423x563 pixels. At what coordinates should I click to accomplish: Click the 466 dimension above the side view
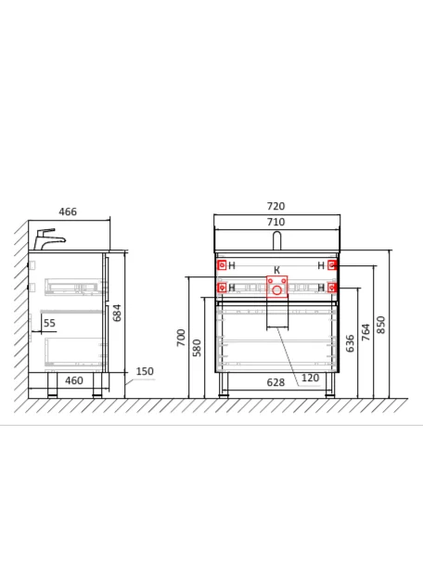pyautogui.click(x=68, y=211)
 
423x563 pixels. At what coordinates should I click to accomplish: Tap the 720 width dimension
pyautogui.click(x=276, y=206)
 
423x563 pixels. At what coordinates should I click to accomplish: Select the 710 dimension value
pyautogui.click(x=276, y=222)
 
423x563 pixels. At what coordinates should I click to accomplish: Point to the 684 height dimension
pyautogui.click(x=117, y=313)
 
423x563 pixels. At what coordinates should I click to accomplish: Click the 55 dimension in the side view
pyautogui.click(x=49, y=323)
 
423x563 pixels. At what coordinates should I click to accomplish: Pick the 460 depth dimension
pyautogui.click(x=74, y=380)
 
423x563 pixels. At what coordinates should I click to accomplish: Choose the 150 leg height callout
pyautogui.click(x=145, y=371)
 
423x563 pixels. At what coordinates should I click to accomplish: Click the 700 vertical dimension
pyautogui.click(x=181, y=338)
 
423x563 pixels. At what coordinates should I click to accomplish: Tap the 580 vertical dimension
pyautogui.click(x=197, y=348)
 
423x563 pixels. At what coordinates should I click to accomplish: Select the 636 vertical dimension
pyautogui.click(x=351, y=343)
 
